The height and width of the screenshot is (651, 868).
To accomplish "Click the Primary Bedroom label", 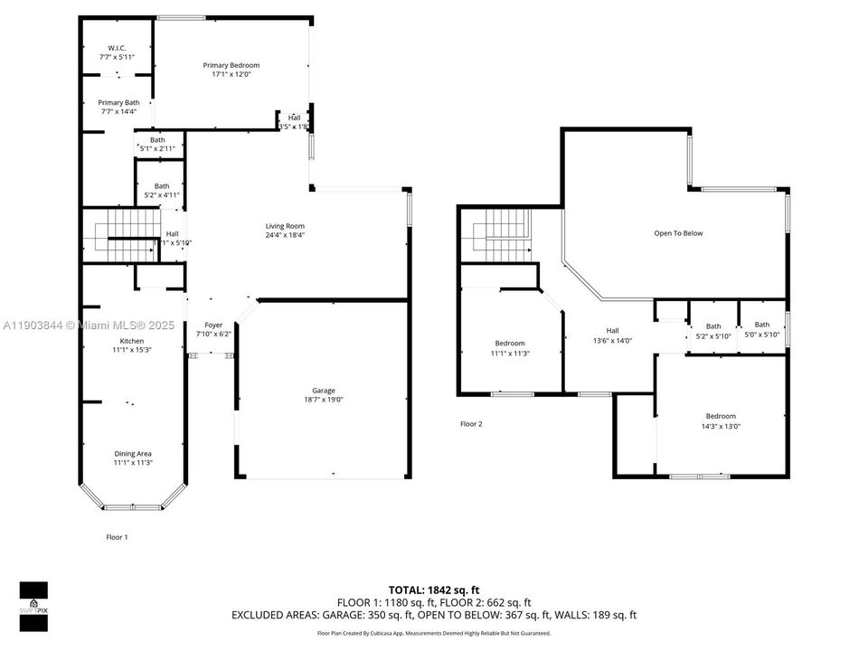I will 231,65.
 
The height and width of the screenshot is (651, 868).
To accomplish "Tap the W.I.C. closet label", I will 117,47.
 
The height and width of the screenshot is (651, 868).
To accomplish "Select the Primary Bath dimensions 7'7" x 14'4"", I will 118,112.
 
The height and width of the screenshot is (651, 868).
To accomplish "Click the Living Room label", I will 285,226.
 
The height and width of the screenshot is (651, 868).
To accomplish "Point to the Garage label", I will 325,391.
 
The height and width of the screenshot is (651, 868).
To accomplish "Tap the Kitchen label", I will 131,341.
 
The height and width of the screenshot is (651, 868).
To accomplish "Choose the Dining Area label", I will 133,454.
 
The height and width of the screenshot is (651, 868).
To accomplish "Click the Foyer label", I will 213,325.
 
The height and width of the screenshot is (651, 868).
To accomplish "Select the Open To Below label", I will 678,233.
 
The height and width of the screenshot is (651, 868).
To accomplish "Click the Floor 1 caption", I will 117,537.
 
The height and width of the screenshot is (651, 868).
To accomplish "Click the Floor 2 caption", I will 471,423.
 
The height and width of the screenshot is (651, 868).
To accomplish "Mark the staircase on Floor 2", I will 500,234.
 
